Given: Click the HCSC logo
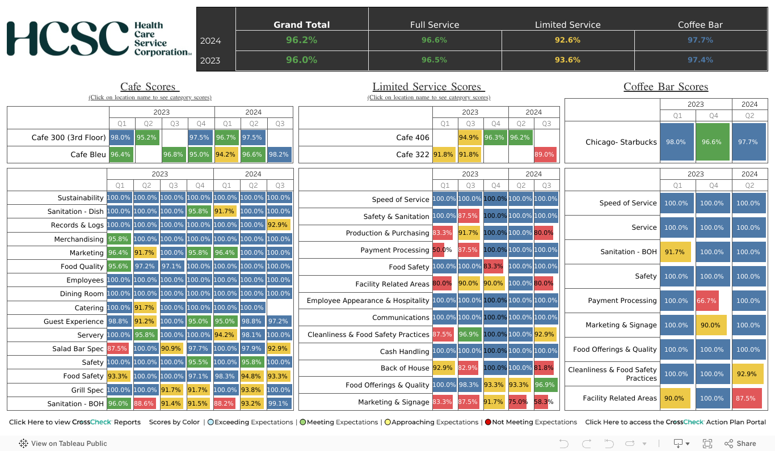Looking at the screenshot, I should pyautogui.click(x=99, y=39).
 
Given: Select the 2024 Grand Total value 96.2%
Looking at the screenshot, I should pyautogui.click(x=301, y=40).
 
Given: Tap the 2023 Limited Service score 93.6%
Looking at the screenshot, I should pyautogui.click(x=567, y=60).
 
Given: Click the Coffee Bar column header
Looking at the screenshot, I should pyautogui.click(x=700, y=25).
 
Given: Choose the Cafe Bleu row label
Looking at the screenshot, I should pyautogui.click(x=89, y=154).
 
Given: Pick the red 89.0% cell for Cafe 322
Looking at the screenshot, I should pyautogui.click(x=545, y=154).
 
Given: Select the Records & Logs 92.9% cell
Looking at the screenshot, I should pyautogui.click(x=279, y=225).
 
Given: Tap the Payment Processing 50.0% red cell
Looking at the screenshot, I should pyautogui.click(x=439, y=250).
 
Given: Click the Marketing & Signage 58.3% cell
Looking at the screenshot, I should pyautogui.click(x=544, y=402).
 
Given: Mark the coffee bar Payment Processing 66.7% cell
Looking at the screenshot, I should pyautogui.click(x=707, y=301).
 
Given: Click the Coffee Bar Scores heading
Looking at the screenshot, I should pyautogui.click(x=666, y=87).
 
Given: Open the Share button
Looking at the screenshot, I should pyautogui.click(x=740, y=444).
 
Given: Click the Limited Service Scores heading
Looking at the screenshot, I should pyautogui.click(x=428, y=87).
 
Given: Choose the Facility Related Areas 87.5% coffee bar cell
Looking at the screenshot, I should pyautogui.click(x=746, y=398).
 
